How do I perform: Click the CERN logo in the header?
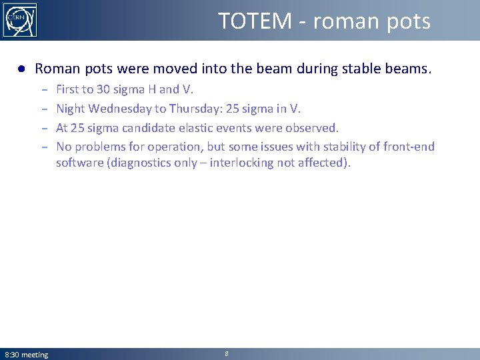tap(20, 20)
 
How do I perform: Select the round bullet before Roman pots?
tap(22, 69)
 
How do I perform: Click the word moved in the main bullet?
tap(174, 69)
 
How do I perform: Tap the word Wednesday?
tap(119, 108)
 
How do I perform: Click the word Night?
tap(71, 108)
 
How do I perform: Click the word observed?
tap(311, 127)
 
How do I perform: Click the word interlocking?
tap(241, 163)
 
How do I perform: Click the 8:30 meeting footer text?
tap(27, 355)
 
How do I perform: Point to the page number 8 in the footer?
tap(227, 354)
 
